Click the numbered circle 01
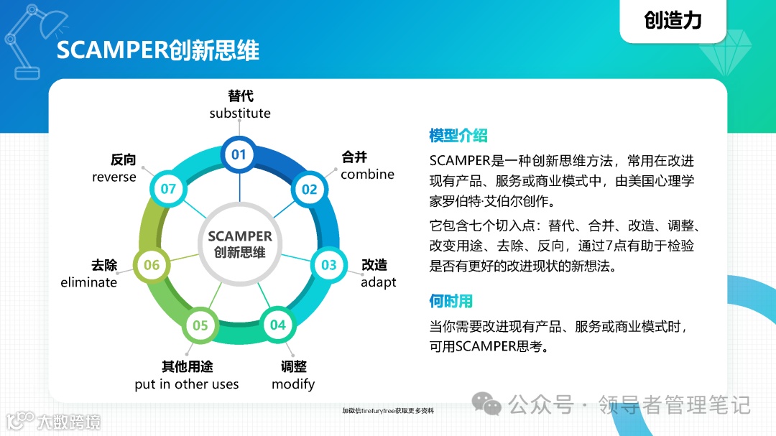239,154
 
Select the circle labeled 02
309,190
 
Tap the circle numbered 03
328,265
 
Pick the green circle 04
277,325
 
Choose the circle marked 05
200,325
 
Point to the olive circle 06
152,265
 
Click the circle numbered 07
168,189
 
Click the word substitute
240,113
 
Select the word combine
367,175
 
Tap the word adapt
378,282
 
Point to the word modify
293,384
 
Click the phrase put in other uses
187,384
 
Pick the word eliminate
88,282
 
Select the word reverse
114,177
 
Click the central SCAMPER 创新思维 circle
240,244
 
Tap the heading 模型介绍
458,136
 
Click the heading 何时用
451,301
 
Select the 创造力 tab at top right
673,20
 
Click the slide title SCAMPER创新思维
157,50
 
